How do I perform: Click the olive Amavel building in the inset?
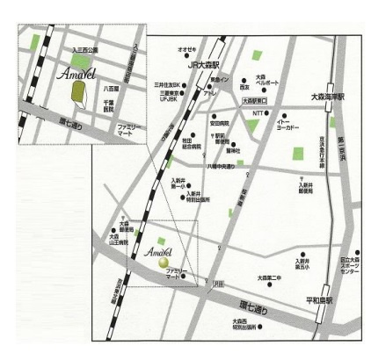(x=78, y=90)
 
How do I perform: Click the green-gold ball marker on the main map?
(x=163, y=262)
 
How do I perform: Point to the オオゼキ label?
(x=187, y=51)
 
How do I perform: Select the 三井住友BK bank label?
(x=170, y=84)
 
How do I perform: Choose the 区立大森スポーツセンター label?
(x=349, y=260)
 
